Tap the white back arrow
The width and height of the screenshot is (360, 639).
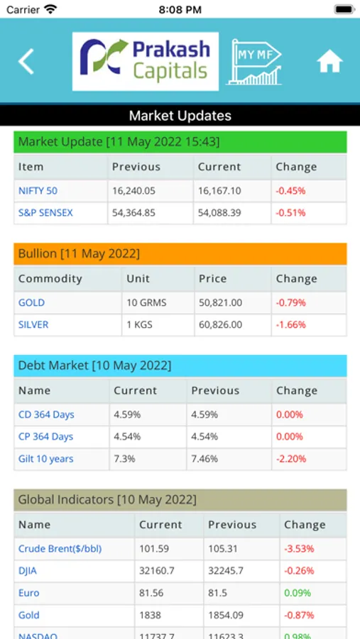click(x=26, y=62)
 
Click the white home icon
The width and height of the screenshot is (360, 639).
click(x=330, y=62)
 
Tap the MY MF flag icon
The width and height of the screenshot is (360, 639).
click(x=254, y=62)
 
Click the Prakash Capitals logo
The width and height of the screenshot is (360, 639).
click(x=145, y=62)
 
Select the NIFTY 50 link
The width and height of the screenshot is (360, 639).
click(x=38, y=191)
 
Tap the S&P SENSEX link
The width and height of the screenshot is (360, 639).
click(x=45, y=213)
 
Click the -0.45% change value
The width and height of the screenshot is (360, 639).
click(x=290, y=191)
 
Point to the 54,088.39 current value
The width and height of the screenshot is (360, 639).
click(x=219, y=213)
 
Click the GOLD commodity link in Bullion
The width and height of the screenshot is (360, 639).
click(x=32, y=302)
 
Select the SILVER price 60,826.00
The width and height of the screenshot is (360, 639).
click(x=220, y=324)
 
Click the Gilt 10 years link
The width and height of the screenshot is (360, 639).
click(x=45, y=459)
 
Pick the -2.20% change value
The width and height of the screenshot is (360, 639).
click(x=291, y=459)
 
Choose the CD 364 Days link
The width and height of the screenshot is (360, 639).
click(x=46, y=415)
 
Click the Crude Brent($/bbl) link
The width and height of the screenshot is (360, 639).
click(x=60, y=549)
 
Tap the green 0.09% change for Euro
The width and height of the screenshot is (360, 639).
click(x=298, y=593)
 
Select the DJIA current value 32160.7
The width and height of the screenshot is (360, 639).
click(x=154, y=571)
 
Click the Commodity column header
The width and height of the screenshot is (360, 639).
click(x=50, y=279)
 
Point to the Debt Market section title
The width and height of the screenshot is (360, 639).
click(x=95, y=366)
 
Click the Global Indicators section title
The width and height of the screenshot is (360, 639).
click(x=108, y=500)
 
